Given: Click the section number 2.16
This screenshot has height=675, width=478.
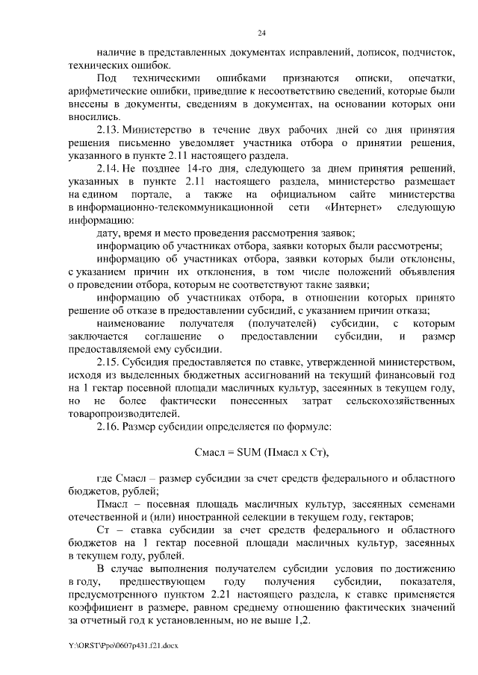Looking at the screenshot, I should click(109, 427).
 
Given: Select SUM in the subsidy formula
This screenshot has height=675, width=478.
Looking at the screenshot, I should click(249, 453).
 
